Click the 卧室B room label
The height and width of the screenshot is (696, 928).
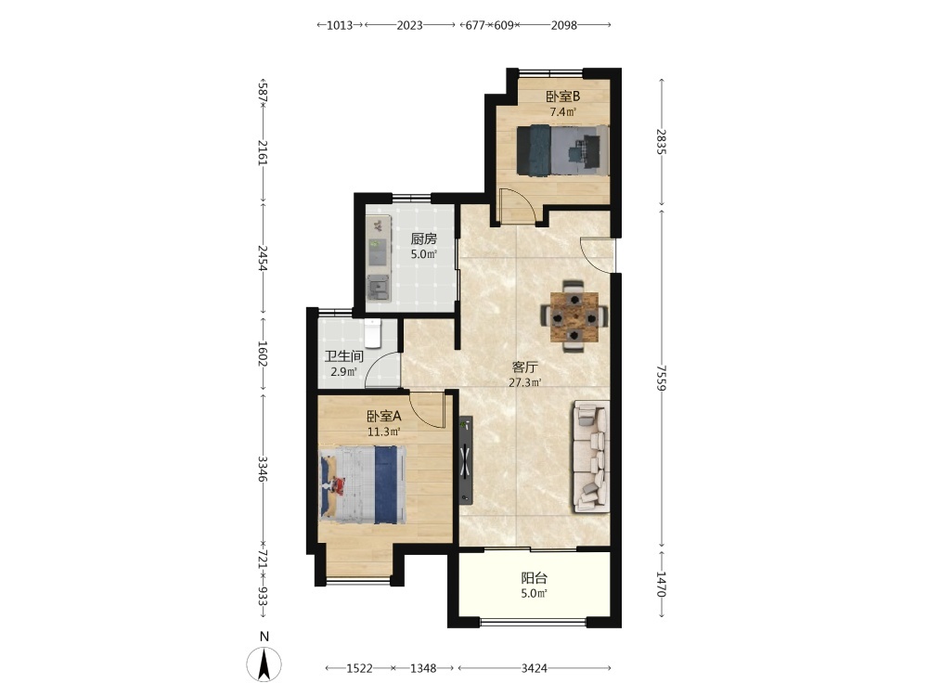[x=562, y=96]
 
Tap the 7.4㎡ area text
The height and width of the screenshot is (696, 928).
[x=563, y=112]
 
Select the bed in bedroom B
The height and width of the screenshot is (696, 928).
[x=563, y=150]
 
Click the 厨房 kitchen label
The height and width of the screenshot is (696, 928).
[x=424, y=238]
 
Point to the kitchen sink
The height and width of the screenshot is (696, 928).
[x=378, y=289]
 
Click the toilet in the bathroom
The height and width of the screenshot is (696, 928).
[x=372, y=332]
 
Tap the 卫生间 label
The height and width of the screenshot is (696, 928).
[x=343, y=356]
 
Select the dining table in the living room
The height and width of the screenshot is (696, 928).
[x=574, y=317]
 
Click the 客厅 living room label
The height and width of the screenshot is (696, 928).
[x=524, y=367]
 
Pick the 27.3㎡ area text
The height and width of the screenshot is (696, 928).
[x=525, y=382]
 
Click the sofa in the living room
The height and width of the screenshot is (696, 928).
[x=590, y=457]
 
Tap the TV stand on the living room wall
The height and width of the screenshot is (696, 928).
[x=467, y=460]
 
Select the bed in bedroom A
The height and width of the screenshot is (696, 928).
[x=363, y=485]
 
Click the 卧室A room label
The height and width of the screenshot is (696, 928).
[x=384, y=416]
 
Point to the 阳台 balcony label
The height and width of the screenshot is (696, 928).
[x=534, y=577]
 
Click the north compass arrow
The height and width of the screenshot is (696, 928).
[x=264, y=664]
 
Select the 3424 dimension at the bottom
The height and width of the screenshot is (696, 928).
[x=534, y=668]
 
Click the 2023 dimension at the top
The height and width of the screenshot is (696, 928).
[x=409, y=25]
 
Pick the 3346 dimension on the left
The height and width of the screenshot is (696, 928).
[x=264, y=468]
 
